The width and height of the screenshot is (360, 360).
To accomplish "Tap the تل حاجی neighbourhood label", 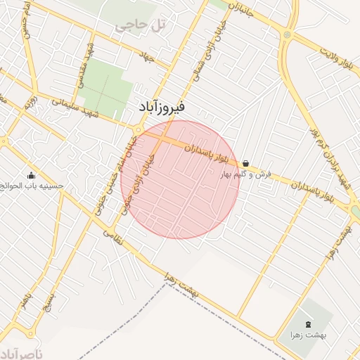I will click(141, 26).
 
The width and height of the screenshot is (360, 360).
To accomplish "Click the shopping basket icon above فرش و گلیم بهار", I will click(245, 163).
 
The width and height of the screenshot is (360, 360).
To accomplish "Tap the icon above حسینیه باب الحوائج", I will click(30, 176).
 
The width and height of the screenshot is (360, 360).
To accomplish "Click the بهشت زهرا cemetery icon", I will click(311, 323).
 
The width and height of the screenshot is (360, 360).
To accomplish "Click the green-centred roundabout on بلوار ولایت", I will click(286, 34).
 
